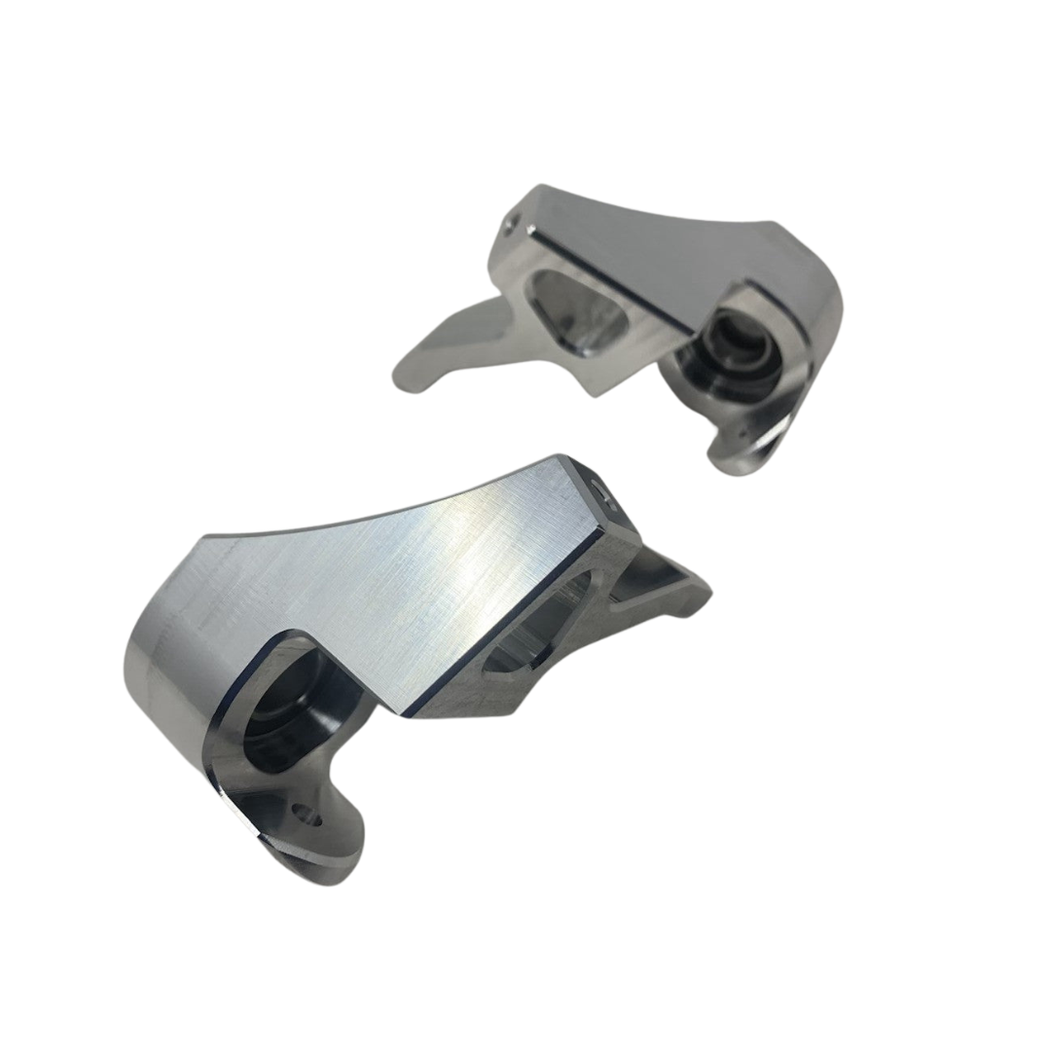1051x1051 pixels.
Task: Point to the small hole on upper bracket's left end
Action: pyautogui.click(x=508, y=226)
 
